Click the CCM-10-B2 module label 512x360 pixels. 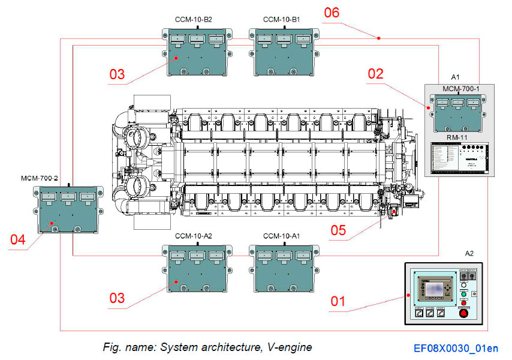pyautogui.click(x=194, y=19)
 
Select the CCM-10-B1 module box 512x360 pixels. pyautogui.click(x=282, y=52)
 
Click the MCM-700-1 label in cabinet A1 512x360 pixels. pyautogui.click(x=457, y=89)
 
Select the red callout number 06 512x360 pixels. pyautogui.click(x=332, y=13)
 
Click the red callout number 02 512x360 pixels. pyautogui.click(x=375, y=74)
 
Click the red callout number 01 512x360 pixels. pyautogui.click(x=338, y=301)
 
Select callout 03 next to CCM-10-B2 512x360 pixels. pyautogui.click(x=117, y=74)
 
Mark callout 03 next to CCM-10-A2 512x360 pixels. pyautogui.click(x=117, y=297)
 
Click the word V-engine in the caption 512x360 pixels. pyautogui.click(x=291, y=347)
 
